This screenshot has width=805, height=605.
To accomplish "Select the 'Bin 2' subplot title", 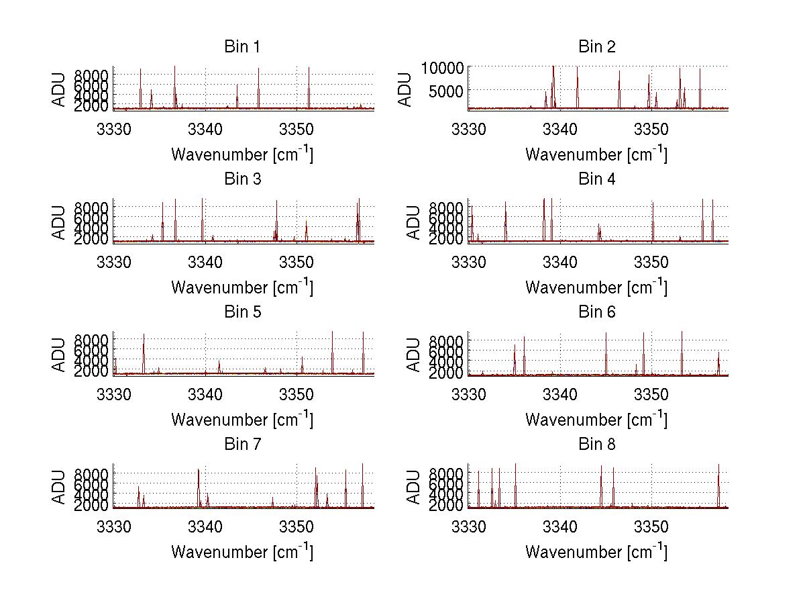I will coord(596,47).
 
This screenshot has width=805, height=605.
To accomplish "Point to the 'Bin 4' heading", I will coord(596,179).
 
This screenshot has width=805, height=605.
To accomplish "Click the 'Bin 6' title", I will coord(596,312).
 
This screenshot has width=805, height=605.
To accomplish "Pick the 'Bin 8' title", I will coord(596,445).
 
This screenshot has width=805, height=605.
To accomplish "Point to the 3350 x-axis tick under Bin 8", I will coord(651,526).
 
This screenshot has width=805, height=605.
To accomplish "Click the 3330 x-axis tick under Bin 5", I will coord(114,393).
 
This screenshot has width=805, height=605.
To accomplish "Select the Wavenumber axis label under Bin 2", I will coord(596,154).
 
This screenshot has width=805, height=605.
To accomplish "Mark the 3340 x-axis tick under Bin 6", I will coord(559,393).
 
